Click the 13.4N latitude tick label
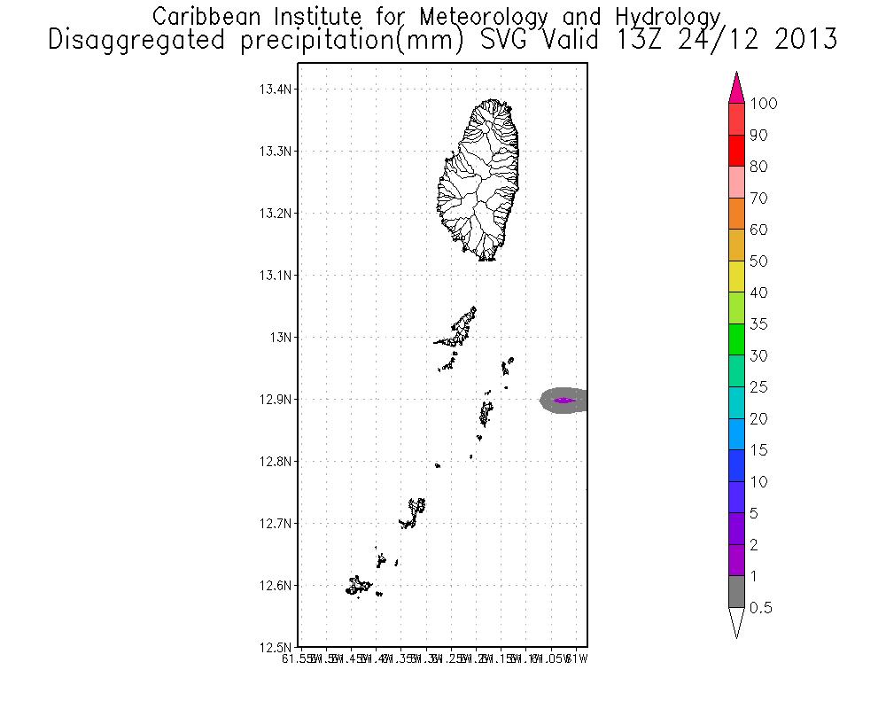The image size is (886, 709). (276, 90)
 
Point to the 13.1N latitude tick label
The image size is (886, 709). (276, 276)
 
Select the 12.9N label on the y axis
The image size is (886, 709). (276, 400)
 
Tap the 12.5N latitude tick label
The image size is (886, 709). (276, 648)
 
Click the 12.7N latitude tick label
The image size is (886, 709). (276, 524)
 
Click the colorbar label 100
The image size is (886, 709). (763, 104)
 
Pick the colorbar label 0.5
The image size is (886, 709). (759, 608)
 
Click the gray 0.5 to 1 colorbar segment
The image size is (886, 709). (736, 592)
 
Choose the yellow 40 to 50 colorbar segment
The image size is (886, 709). (736, 277)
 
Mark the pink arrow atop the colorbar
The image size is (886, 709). (736, 88)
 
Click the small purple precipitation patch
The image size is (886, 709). (564, 401)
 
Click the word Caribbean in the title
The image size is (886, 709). (208, 16)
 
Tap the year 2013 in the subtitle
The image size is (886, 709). (799, 40)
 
